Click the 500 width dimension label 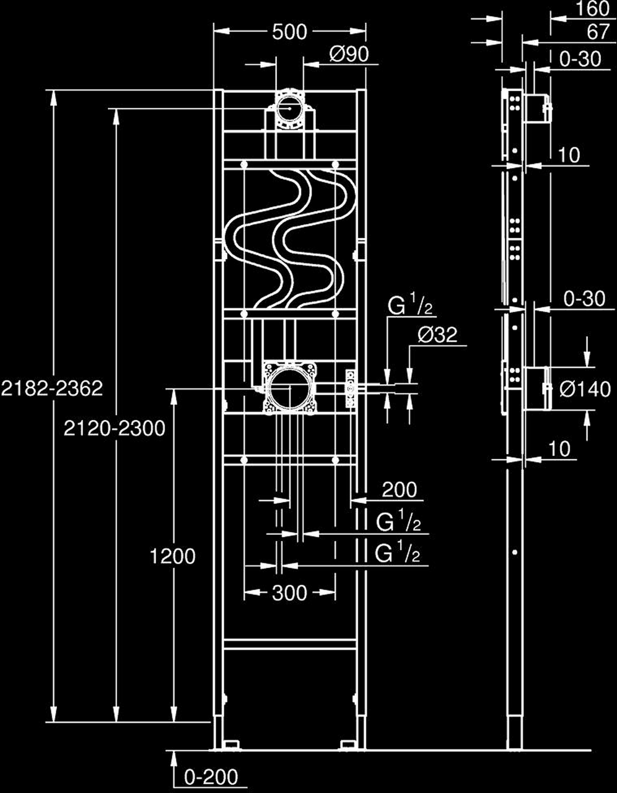(x=290, y=32)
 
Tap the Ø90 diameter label (x=349, y=55)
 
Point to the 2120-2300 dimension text (x=114, y=428)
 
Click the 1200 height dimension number (x=173, y=557)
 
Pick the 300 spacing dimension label (x=290, y=594)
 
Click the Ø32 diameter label (x=437, y=335)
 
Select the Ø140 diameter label (x=585, y=389)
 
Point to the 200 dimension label (x=400, y=490)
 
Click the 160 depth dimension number (x=593, y=9)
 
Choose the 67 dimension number (x=598, y=32)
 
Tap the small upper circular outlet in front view (x=289, y=108)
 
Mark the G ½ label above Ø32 (x=409, y=306)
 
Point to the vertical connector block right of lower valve (x=351, y=388)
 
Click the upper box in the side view (x=536, y=108)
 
